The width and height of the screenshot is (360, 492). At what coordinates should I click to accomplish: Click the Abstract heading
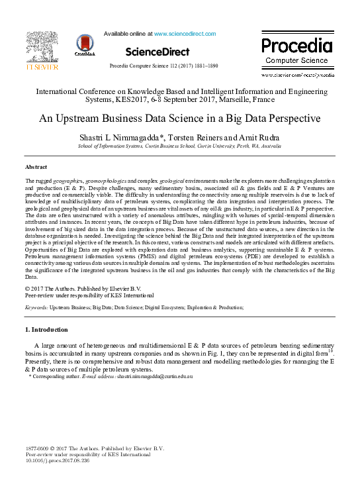[x=36, y=166]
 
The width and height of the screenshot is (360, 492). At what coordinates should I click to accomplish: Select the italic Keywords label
[x=36, y=308]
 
